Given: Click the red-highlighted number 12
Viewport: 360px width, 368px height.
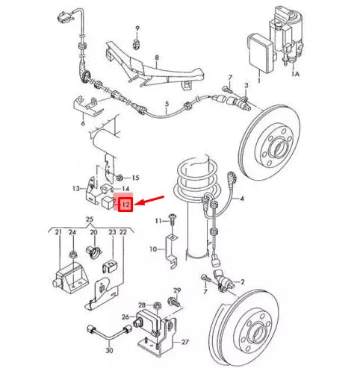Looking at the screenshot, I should [125, 204].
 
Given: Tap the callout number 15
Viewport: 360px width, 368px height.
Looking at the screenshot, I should [135, 178].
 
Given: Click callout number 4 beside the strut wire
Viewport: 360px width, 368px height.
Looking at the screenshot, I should [241, 198].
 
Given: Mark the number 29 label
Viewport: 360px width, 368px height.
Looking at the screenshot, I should [176, 290].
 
